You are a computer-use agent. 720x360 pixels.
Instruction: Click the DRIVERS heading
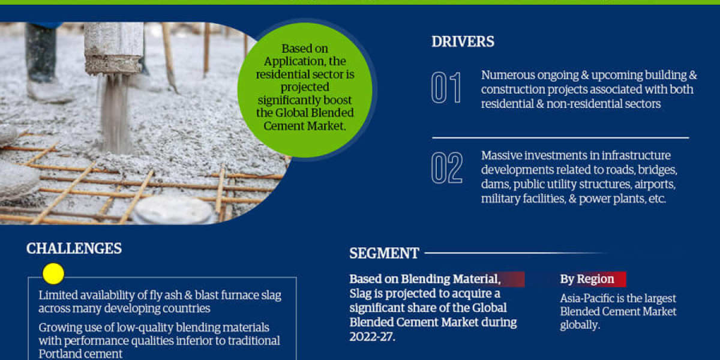463,41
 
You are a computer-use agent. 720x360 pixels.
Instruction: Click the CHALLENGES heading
74,248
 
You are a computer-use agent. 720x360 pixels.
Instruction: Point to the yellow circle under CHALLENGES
53,274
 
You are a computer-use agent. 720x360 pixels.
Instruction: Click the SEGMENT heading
384,253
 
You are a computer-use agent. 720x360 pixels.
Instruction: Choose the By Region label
587,279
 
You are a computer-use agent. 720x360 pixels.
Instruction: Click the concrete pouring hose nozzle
113,48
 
